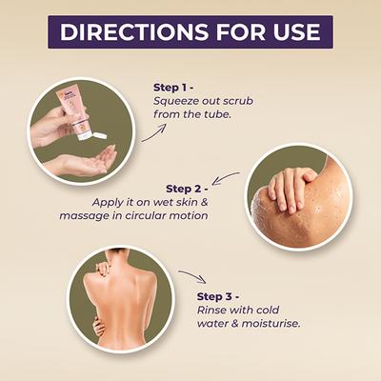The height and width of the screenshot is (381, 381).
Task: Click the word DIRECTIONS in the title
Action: (x=133, y=31)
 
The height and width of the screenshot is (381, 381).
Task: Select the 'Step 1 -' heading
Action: (x=173, y=88)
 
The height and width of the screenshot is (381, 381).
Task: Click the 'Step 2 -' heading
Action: (x=187, y=189)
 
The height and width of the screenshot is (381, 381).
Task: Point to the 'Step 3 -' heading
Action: (x=218, y=296)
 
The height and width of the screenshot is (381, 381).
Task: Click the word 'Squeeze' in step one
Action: (x=176, y=102)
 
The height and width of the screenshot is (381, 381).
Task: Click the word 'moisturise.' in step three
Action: (x=271, y=324)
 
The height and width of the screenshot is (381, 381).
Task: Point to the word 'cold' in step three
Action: (x=268, y=310)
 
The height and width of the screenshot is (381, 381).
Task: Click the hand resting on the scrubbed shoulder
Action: (x=291, y=189)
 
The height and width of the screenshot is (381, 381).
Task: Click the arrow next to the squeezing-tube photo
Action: (x=154, y=132)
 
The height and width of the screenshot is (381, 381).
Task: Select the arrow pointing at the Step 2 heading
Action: (x=225, y=177)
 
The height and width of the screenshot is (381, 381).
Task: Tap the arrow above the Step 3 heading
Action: (x=192, y=276)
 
